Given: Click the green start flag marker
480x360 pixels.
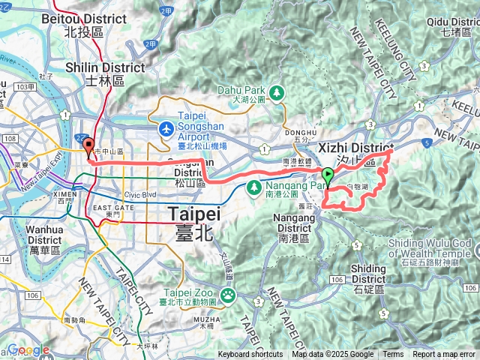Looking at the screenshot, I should pos(328,176).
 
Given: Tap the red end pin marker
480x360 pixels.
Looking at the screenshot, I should pos(88,146).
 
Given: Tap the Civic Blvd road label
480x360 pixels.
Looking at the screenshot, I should pos(139,195).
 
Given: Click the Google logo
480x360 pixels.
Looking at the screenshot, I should pos(28,349).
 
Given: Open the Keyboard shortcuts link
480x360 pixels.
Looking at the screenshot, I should pos(250,355).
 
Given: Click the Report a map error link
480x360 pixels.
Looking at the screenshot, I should pos(443,355).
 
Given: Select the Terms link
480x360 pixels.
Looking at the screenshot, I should pos(393,355).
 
